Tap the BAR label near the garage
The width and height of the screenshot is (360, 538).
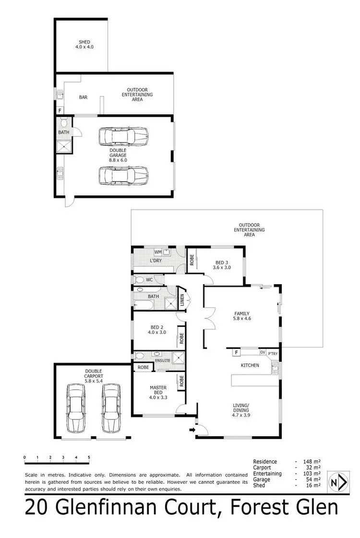click(x=83, y=97)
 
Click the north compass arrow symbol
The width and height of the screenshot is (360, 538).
click(x=338, y=481)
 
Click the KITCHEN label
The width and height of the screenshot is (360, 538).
click(x=250, y=365)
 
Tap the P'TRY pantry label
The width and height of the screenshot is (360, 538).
click(x=273, y=353)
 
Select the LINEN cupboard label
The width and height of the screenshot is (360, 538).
click(x=182, y=300)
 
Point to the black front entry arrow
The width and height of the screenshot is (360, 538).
click(x=193, y=430)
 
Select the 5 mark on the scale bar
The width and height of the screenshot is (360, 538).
click(x=89, y=457)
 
